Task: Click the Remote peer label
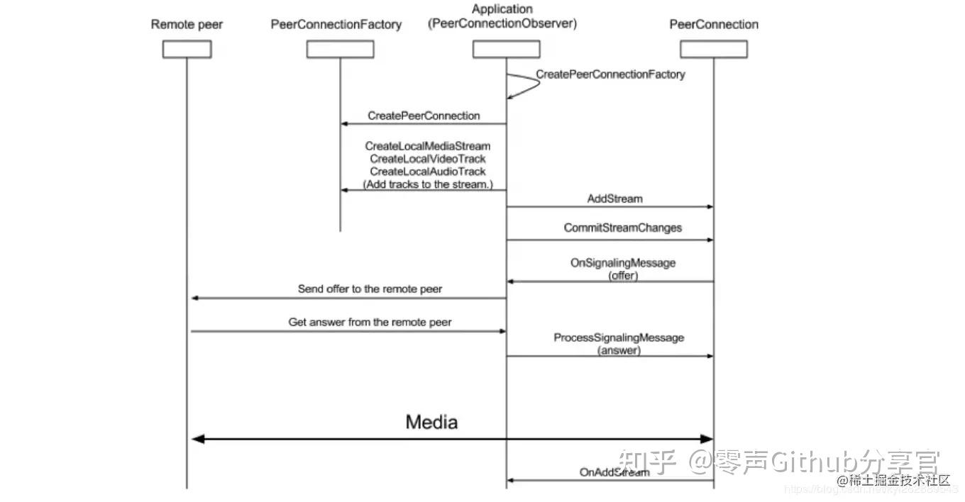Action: [x=187, y=25]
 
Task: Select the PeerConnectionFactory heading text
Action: [x=336, y=25]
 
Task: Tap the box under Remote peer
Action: [x=187, y=49]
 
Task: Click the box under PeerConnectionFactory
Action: [x=340, y=49]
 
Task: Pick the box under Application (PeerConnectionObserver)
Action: [x=506, y=49]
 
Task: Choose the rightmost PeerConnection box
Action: [x=713, y=49]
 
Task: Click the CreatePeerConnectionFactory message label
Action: [x=610, y=74]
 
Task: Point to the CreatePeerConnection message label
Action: [x=424, y=116]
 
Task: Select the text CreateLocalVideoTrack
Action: [x=427, y=159]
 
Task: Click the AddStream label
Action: [x=614, y=199]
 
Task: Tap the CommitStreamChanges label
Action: [x=622, y=228]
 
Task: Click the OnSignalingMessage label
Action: [x=622, y=263]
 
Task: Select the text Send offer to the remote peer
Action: [x=370, y=289]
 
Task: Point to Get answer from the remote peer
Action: [x=370, y=322]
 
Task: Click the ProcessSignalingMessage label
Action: [x=619, y=338]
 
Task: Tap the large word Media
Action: [x=431, y=423]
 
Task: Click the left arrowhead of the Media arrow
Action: [x=198, y=439]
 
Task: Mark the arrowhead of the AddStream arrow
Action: [x=708, y=207]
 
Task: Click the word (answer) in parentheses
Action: [x=619, y=350]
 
